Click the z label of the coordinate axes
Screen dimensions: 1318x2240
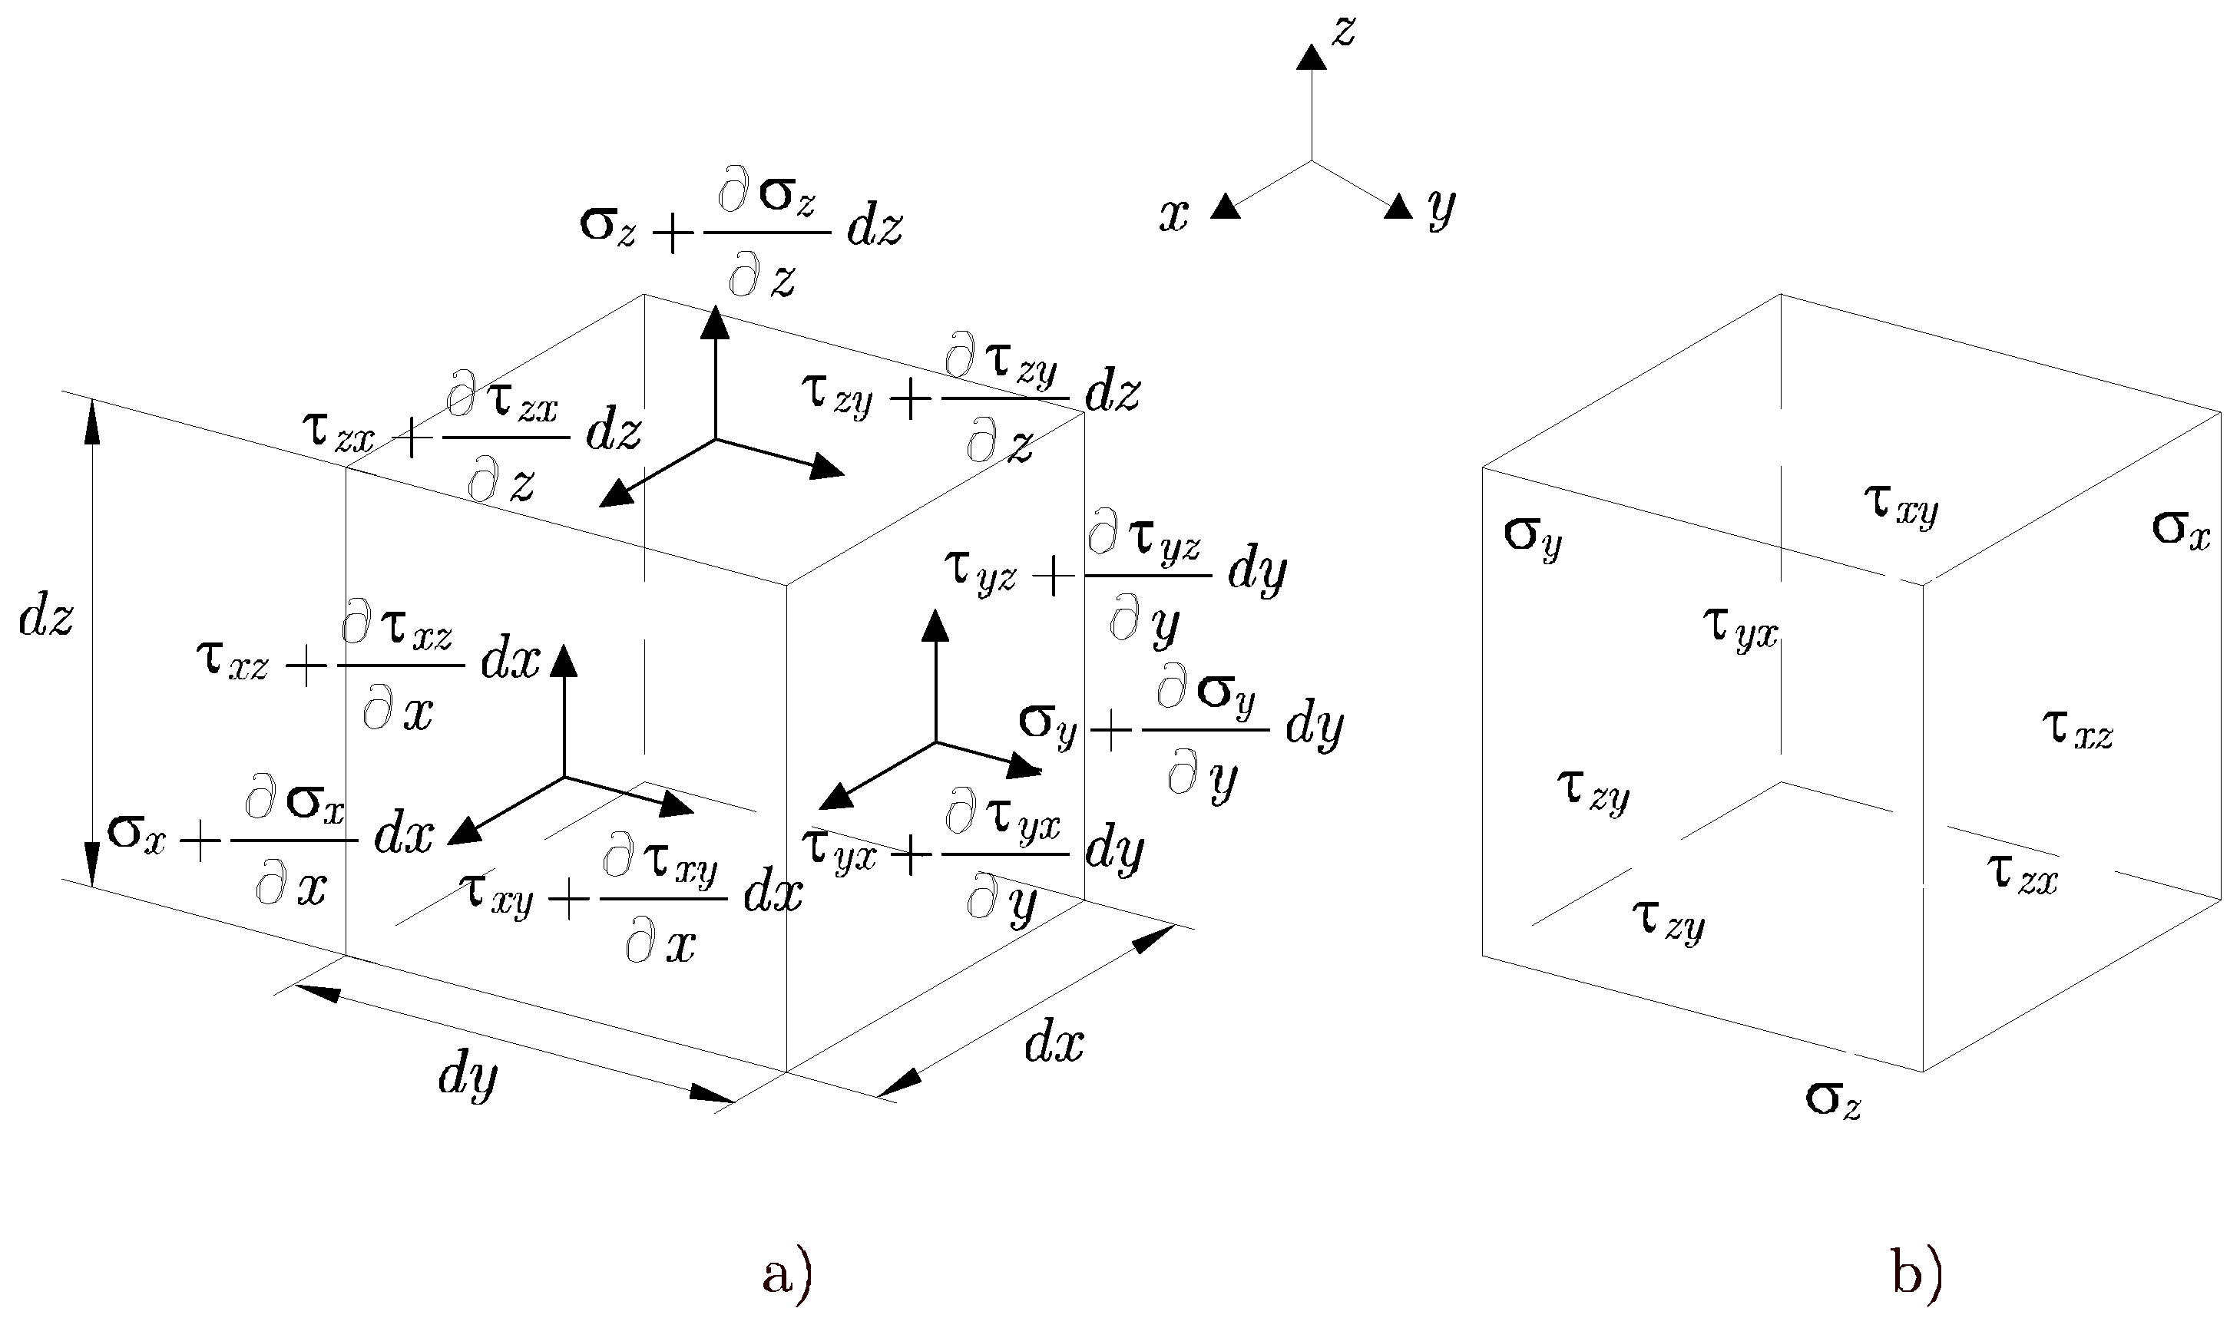[1343, 33]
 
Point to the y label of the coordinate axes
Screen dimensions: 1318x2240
[1441, 210]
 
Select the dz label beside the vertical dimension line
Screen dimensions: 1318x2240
[46, 618]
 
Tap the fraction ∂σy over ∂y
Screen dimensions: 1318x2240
[1206, 732]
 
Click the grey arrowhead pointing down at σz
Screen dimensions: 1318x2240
[1851, 1045]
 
